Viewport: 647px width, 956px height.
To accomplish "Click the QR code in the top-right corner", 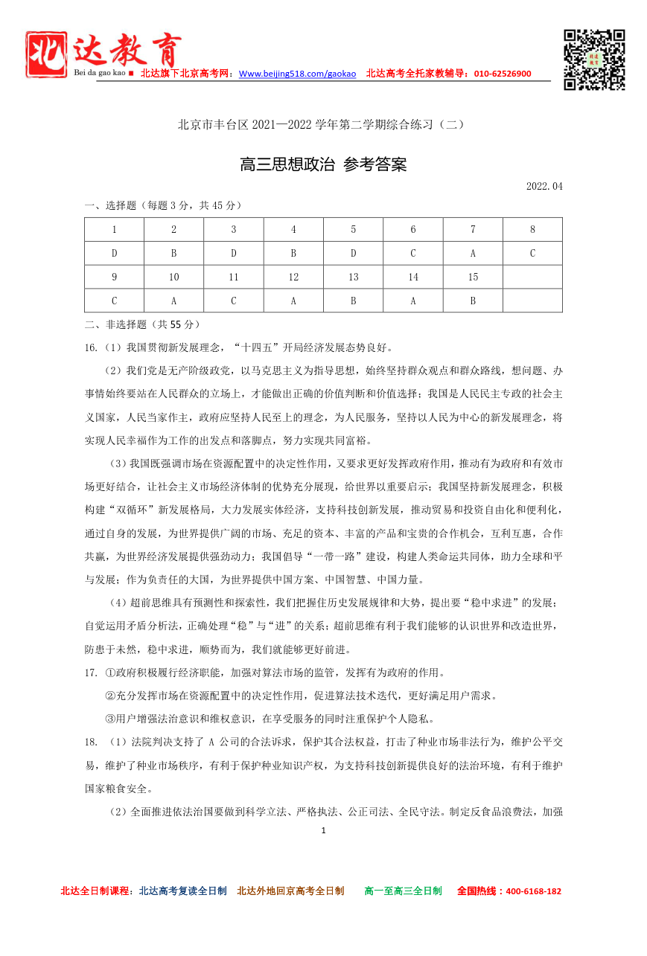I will [593, 60].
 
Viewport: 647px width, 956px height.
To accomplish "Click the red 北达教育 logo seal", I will [46, 54].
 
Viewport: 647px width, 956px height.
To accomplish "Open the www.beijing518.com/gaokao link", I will [297, 74].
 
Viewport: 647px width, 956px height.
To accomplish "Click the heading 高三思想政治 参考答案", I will [323, 164].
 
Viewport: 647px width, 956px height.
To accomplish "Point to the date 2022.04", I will [544, 187].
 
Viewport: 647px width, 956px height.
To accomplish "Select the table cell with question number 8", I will [532, 230].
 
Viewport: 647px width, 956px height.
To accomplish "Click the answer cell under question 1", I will [114, 254].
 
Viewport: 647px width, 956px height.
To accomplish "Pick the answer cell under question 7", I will [473, 254].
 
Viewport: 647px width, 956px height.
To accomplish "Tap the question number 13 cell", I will [353, 278].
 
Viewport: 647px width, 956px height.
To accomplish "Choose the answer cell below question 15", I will [473, 301].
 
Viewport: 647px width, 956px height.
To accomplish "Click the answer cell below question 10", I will [173, 301].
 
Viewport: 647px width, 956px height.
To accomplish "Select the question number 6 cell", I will [413, 230].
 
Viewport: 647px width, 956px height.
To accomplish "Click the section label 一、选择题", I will [112, 205].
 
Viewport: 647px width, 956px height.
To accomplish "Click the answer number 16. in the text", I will [91, 347].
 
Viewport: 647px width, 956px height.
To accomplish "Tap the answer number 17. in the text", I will [91, 673].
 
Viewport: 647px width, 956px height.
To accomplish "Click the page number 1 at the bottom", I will [323, 830].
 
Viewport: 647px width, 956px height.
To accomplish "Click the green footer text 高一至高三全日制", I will [403, 891].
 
